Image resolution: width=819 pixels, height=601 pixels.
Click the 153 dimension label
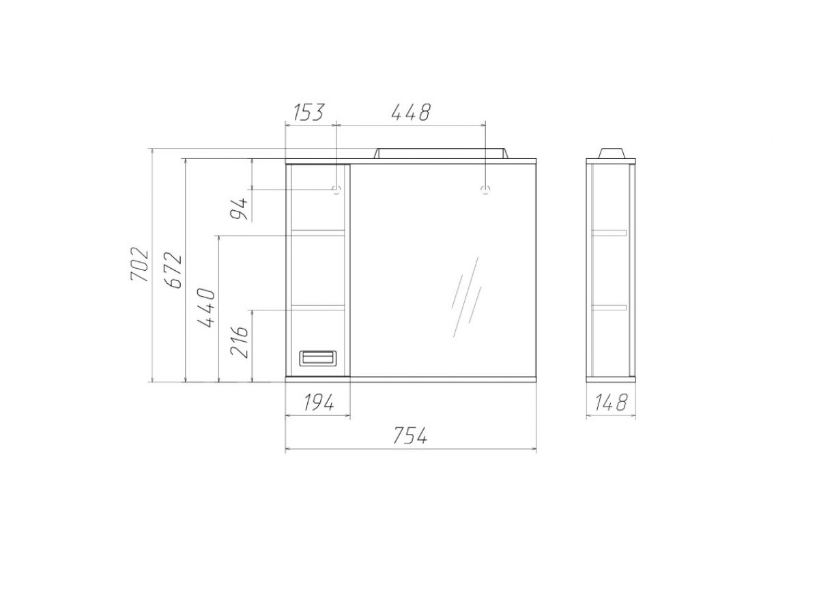point(308,112)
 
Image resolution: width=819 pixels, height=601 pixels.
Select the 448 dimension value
point(411,112)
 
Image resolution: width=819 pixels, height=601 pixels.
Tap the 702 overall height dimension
point(139,265)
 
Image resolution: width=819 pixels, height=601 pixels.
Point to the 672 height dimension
point(173,270)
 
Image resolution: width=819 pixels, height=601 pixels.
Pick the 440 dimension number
point(206,308)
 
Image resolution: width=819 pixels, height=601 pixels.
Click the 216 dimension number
point(239,342)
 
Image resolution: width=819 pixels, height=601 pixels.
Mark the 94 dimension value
point(239,209)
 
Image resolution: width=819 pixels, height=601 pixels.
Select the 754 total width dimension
point(410,435)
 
